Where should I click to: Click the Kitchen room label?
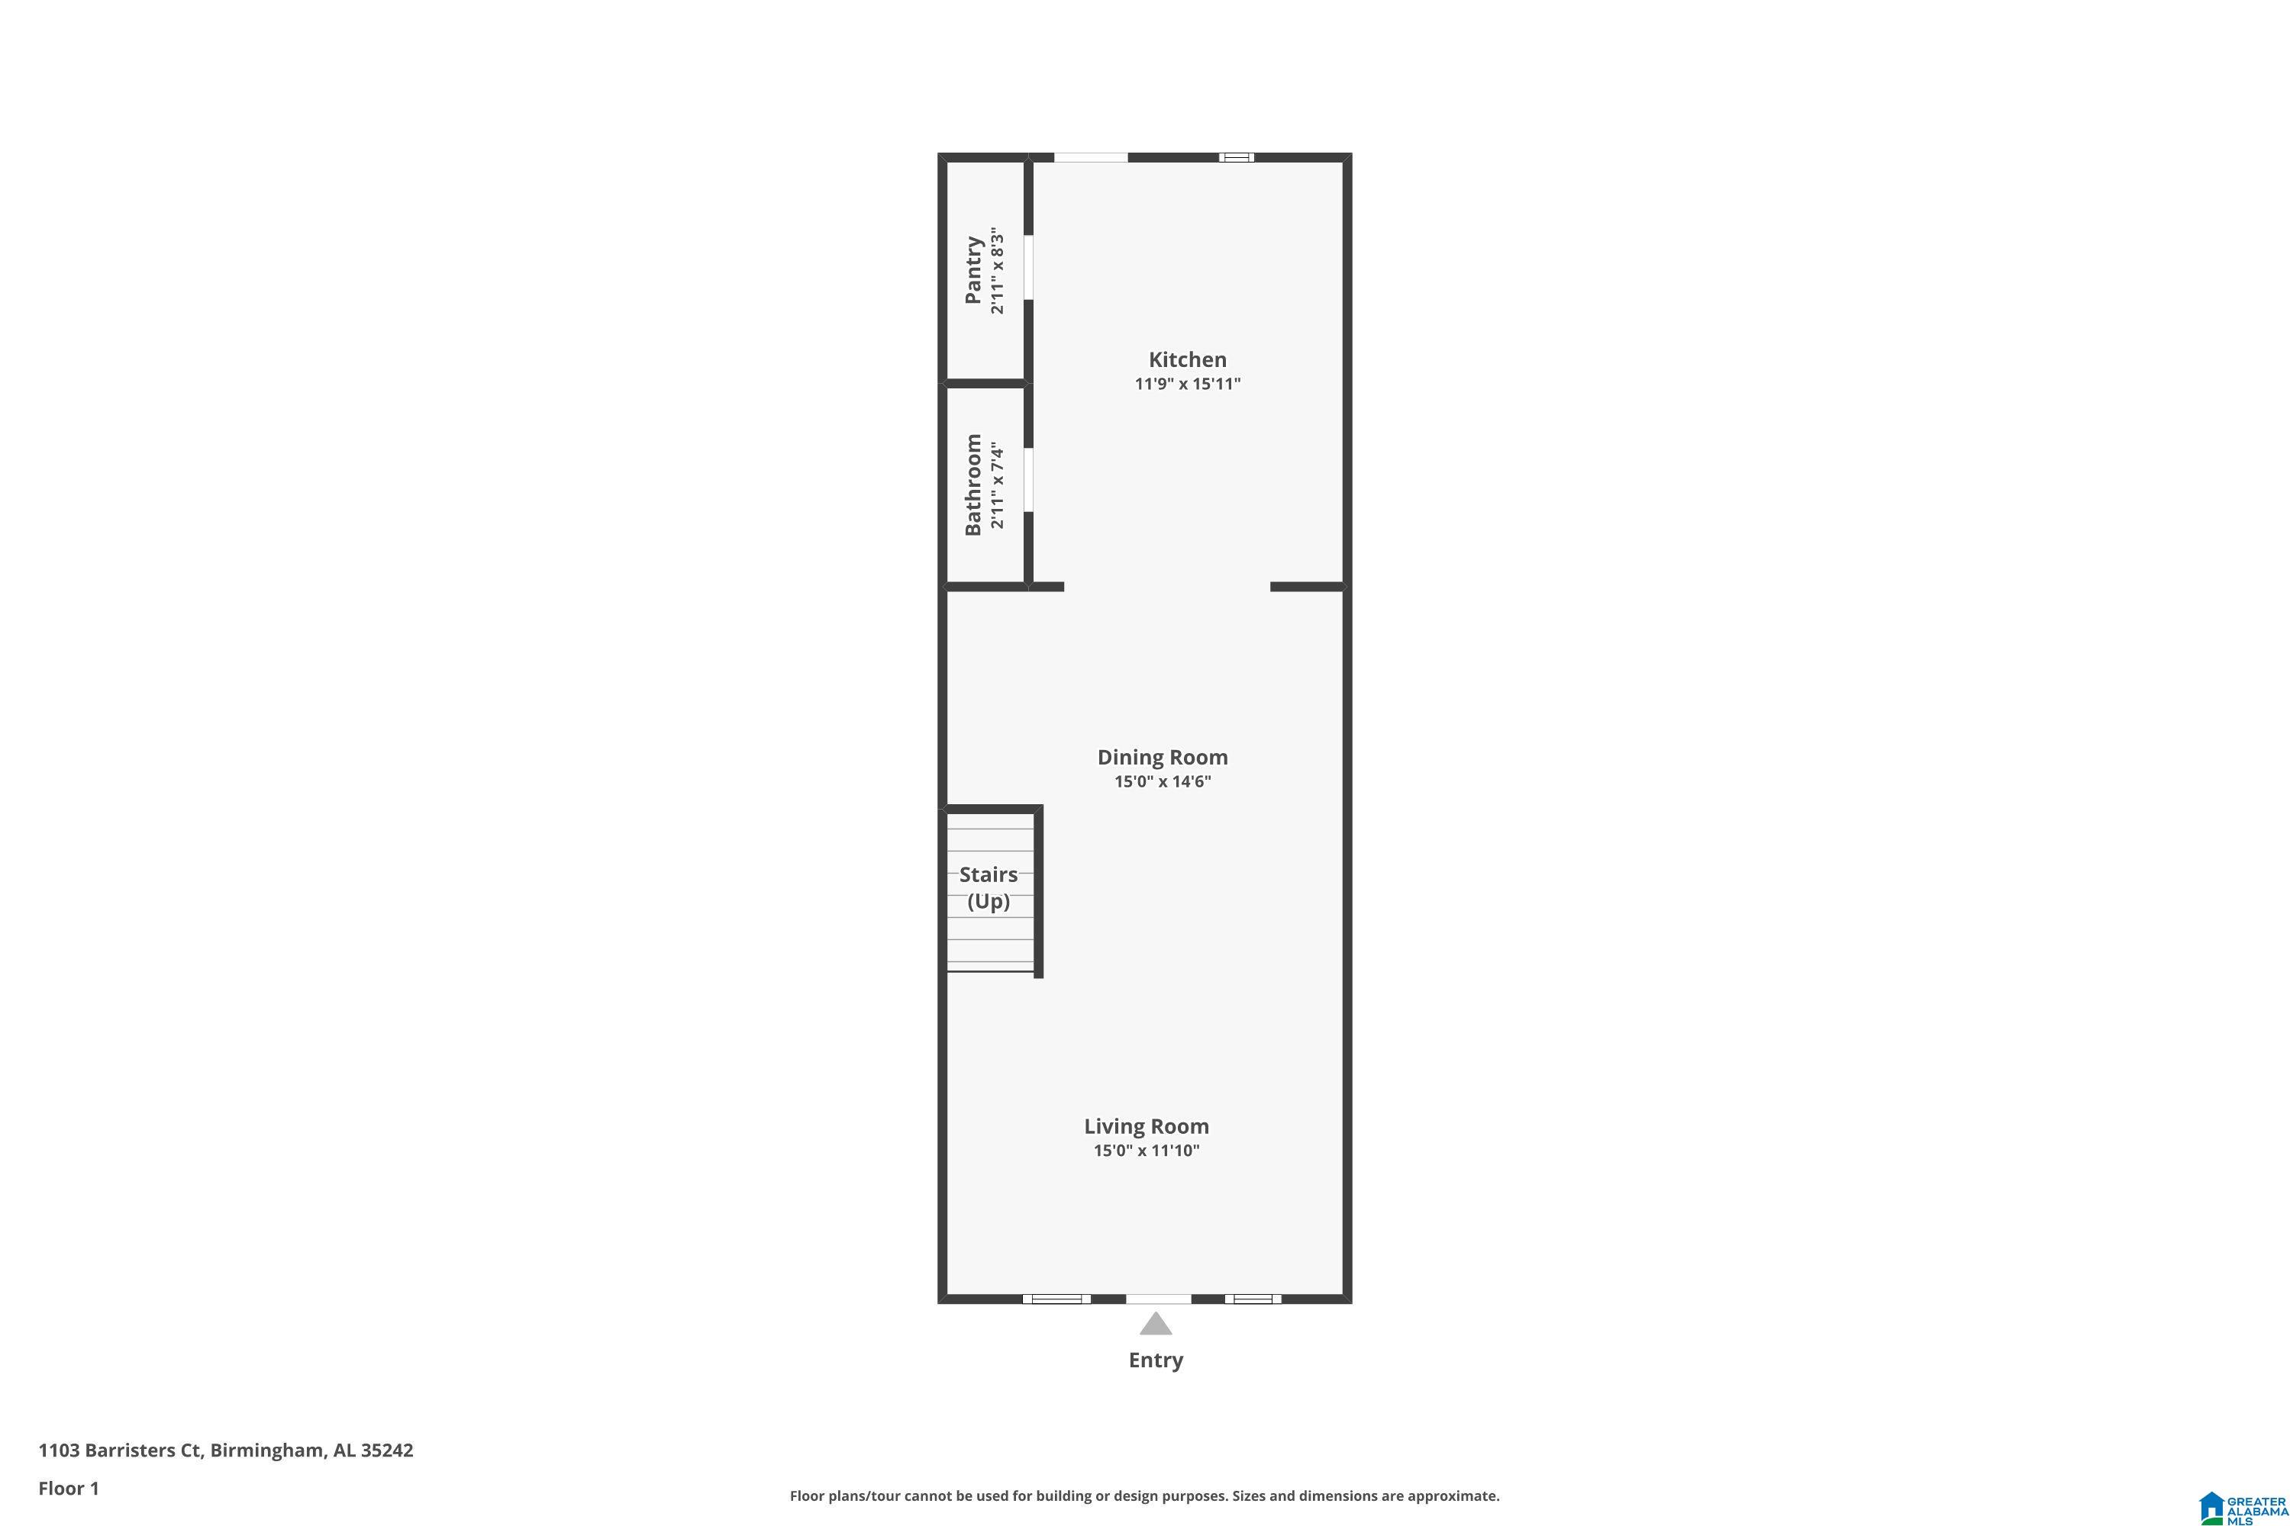[x=1187, y=359]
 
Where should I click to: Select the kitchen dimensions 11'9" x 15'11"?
[x=1187, y=384]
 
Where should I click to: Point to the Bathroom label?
[x=972, y=485]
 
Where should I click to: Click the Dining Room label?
[x=1162, y=757]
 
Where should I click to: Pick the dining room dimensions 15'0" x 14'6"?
[x=1162, y=781]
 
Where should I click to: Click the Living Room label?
[x=1146, y=1126]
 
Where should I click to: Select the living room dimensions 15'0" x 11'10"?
[x=1146, y=1151]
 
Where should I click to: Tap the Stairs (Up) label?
[x=989, y=887]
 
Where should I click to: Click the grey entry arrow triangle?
[x=1156, y=1325]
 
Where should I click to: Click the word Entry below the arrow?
[x=1156, y=1360]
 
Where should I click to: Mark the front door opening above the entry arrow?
[x=1158, y=1299]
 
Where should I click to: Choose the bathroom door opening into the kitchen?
[x=1028, y=479]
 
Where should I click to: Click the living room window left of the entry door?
[x=1056, y=1299]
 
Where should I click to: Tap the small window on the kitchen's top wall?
[x=1237, y=156]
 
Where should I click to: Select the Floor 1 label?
[x=68, y=1488]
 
